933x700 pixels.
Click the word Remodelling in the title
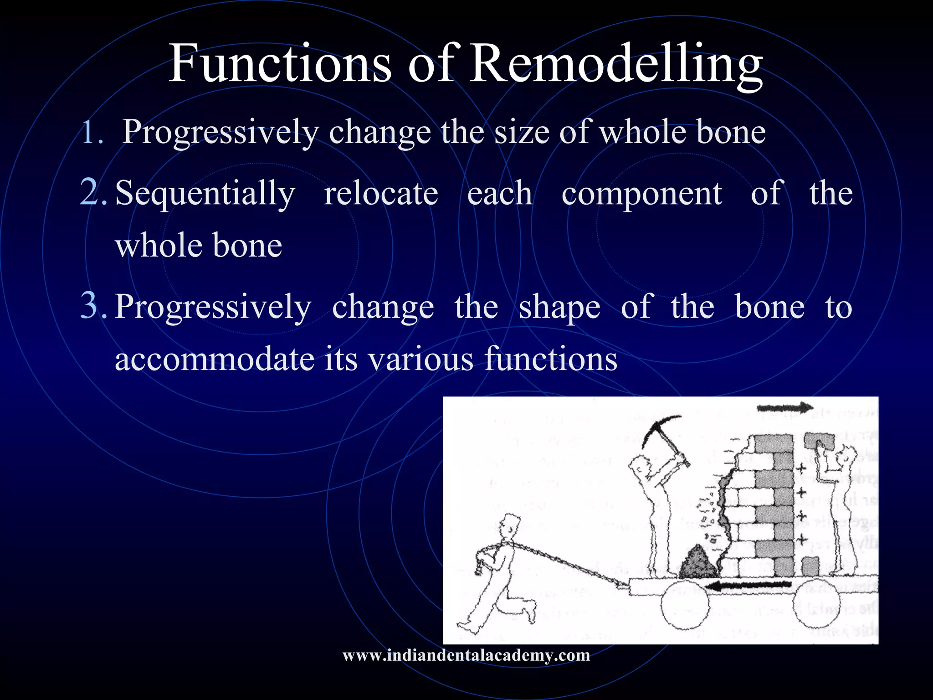[615, 64]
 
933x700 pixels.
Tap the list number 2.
[93, 192]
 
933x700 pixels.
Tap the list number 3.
[93, 306]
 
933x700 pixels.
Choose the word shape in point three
[559, 308]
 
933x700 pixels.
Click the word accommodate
[215, 359]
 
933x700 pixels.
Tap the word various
[421, 359]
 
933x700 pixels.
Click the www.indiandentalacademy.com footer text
[466, 655]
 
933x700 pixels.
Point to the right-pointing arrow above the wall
[785, 408]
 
